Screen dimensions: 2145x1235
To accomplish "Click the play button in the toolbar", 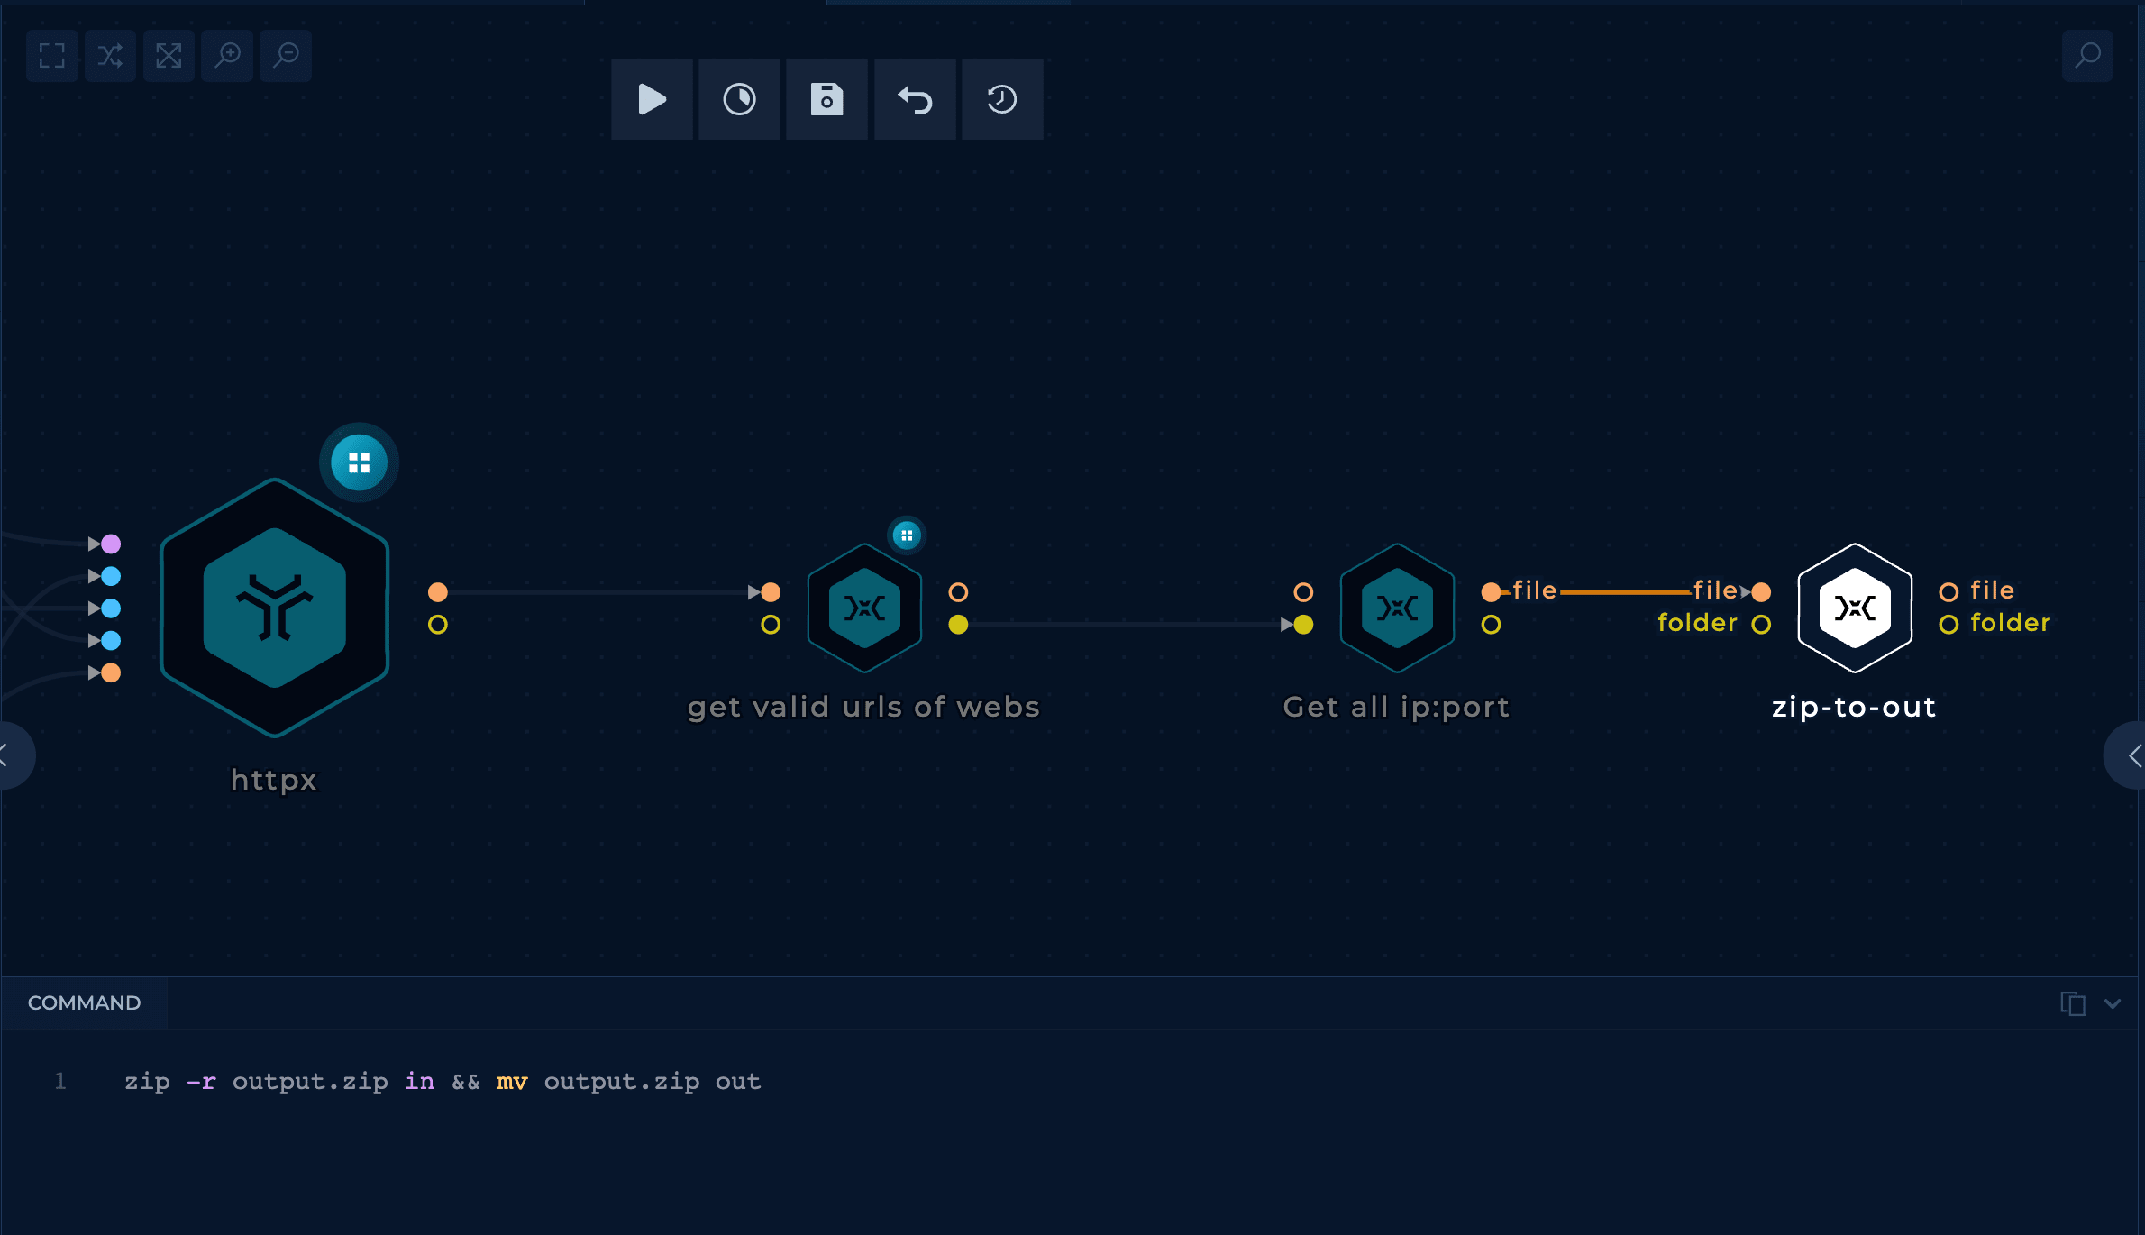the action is tap(652, 99).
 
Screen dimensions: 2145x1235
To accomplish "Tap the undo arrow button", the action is tap(915, 99).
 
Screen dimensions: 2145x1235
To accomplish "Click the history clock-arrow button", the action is tap(1002, 99).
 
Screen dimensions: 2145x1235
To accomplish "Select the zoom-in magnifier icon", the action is tap(227, 56).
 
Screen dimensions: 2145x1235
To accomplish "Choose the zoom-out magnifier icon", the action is tap(286, 56).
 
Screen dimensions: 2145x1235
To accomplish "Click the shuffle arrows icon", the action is tap(110, 56).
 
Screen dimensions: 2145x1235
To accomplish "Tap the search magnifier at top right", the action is tap(2087, 56).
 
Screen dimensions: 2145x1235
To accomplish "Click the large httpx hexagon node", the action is tap(275, 608).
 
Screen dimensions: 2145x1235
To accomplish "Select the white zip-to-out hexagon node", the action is tap(1855, 608).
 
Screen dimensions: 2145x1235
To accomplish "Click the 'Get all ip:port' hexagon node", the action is tap(1397, 608).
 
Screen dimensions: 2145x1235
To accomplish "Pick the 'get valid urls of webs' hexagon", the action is tap(864, 608).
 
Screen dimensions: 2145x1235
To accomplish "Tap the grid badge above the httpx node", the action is tap(359, 462).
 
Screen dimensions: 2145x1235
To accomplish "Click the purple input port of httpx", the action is tap(111, 544).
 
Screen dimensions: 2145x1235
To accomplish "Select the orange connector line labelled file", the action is tap(1625, 592).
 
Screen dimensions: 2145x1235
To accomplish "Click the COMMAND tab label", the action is tap(84, 1002).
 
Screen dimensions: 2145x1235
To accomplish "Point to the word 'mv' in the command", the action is tap(512, 1081).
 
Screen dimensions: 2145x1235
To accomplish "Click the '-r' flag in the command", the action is tap(201, 1081).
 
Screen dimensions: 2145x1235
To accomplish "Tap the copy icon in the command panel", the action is tap(2072, 1003).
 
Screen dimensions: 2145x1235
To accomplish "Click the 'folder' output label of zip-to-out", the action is tap(2010, 623).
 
